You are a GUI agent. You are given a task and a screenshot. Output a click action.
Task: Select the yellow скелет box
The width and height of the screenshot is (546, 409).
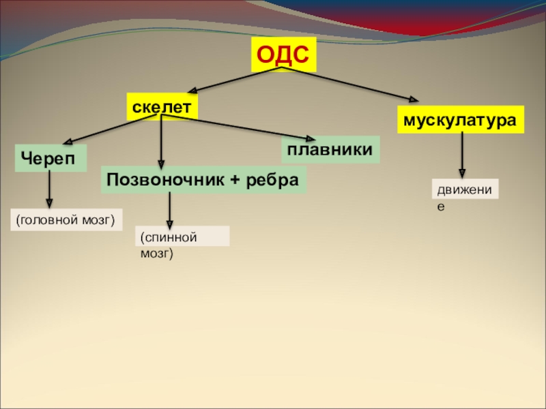point(162,106)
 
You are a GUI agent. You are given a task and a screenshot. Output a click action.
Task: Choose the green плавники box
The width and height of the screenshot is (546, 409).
point(330,149)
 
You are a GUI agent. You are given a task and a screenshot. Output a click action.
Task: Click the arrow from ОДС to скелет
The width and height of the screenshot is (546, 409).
point(235,80)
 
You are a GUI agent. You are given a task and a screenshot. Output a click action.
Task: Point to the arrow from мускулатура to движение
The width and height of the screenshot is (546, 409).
point(463,154)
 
